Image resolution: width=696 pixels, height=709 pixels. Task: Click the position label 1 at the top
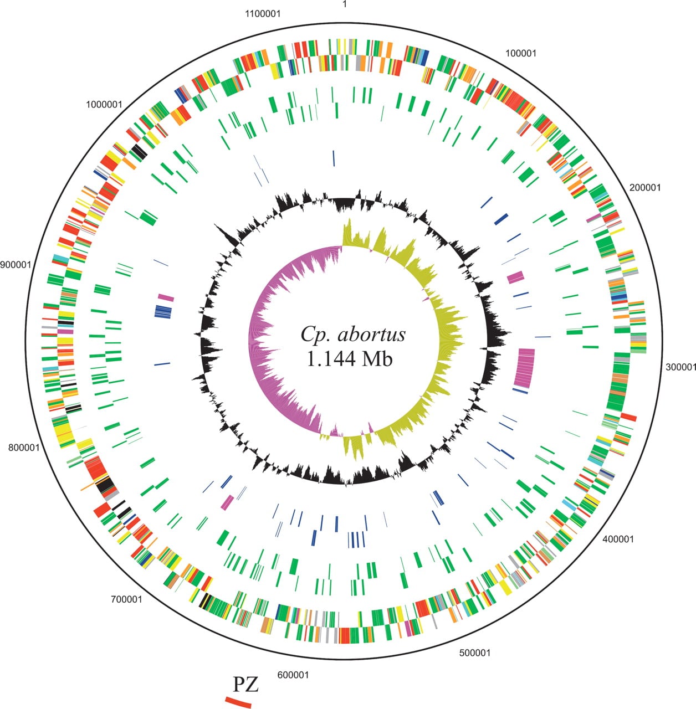point(345,4)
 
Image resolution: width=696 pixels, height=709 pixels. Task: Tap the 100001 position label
point(521,54)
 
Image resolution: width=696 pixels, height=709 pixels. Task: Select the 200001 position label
point(645,188)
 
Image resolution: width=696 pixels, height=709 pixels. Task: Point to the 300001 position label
point(681,367)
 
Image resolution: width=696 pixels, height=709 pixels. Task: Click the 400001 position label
point(618,539)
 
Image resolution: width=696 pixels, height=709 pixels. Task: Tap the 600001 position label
point(293,675)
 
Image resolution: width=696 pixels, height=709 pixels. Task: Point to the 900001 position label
point(16,265)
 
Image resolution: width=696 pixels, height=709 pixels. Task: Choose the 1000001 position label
point(104,105)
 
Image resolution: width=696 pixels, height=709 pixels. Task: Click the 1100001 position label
point(263,14)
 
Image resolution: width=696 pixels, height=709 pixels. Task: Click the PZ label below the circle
point(245,685)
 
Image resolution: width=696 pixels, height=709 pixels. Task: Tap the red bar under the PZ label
point(238,702)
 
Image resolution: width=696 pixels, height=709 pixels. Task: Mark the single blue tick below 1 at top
point(334,158)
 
